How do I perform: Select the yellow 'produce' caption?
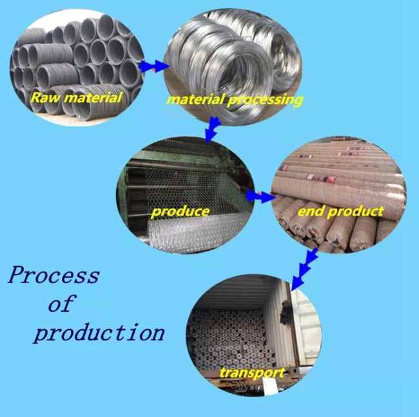180,211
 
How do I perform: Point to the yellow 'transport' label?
251,373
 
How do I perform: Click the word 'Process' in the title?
54,276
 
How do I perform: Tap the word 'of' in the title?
61,304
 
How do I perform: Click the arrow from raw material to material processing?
152,66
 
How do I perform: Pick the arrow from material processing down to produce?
210,131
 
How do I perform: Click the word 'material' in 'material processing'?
194,100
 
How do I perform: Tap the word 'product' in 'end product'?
356,211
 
